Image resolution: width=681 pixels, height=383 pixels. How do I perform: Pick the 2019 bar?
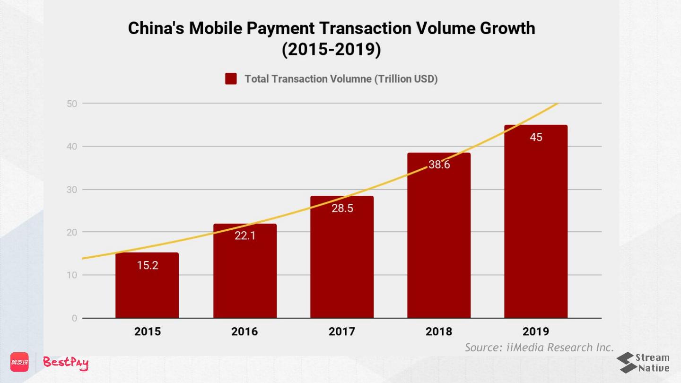[536, 227]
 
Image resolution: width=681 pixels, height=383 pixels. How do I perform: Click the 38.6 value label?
[439, 165]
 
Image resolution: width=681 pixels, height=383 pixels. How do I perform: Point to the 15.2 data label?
[148, 265]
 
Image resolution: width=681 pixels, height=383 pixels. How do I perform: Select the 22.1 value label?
[245, 235]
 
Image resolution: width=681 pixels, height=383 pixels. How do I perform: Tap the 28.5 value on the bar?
[342, 208]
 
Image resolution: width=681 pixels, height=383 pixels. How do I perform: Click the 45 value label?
[536, 138]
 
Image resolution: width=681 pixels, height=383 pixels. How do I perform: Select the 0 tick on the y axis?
[74, 318]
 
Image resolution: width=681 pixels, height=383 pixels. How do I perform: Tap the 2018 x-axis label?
[439, 331]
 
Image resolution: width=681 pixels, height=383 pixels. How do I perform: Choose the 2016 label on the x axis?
[244, 331]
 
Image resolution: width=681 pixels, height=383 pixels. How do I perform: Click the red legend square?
[231, 79]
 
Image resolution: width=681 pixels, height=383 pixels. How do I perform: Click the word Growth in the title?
[507, 28]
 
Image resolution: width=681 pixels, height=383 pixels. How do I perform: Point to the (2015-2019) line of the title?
[331, 49]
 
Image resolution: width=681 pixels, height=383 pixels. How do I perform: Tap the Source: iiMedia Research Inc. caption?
[539, 348]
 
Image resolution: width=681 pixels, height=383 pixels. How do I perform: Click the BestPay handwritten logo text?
[66, 363]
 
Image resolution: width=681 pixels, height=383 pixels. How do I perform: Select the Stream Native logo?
[643, 363]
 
